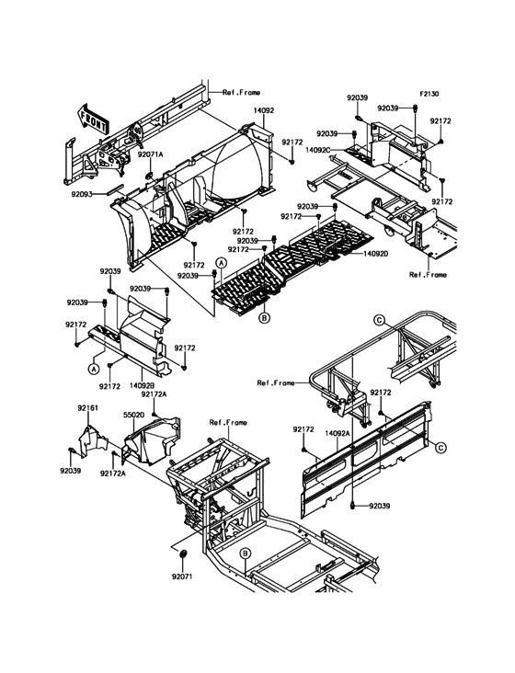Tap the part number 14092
pos(264,110)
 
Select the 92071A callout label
pos(151,154)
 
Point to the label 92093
pos(84,194)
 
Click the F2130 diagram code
pos(431,94)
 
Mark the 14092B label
pos(142,385)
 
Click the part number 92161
pos(88,406)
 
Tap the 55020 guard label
pos(134,415)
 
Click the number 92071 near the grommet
pos(182,577)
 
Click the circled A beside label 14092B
pos(94,368)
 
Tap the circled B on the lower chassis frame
pos(246,553)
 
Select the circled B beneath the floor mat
pos(264,318)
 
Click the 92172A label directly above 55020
pos(154,394)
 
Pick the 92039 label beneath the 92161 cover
pos(72,470)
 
